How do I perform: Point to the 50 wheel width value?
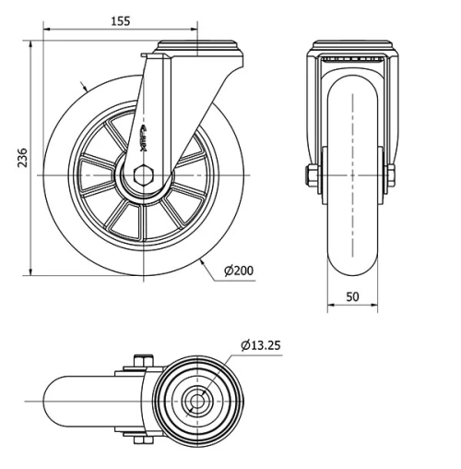(353, 297)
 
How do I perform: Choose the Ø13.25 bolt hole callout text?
(261, 345)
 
